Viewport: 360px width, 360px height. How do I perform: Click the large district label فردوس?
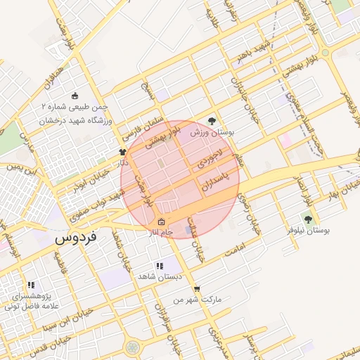[79, 238]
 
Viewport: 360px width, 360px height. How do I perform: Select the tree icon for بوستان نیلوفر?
[307, 219]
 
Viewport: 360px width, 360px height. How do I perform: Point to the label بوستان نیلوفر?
[309, 231]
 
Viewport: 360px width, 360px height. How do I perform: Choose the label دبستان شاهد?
[160, 276]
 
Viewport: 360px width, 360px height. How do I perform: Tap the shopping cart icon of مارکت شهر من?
[197, 288]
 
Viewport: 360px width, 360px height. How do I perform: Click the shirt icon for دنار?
[122, 151]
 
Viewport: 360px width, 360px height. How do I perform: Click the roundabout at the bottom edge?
[132, 347]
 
